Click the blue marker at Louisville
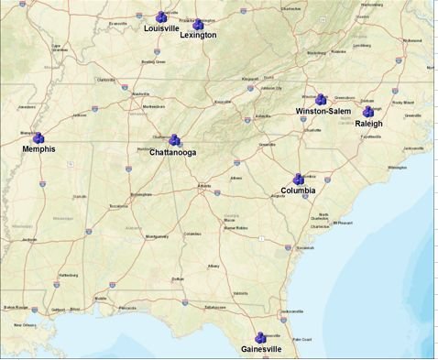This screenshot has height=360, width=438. coord(162,16)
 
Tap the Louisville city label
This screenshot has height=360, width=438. coord(162,28)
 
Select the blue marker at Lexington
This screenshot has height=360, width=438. coord(199,24)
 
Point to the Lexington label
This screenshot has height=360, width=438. coord(199,36)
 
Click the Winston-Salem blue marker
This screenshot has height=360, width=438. coord(322,99)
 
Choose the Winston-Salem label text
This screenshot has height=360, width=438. coord(323,111)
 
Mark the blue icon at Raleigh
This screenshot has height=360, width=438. coord(369,112)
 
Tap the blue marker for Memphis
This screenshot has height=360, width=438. coord(38,137)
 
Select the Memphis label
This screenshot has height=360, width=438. coord(38,149)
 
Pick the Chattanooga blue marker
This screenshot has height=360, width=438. coord(174,140)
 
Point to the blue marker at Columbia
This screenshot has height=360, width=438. coord(298,179)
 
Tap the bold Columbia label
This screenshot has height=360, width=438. coord(298,191)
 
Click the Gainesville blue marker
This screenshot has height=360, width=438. coord(260,338)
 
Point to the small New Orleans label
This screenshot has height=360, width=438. coord(25,324)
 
